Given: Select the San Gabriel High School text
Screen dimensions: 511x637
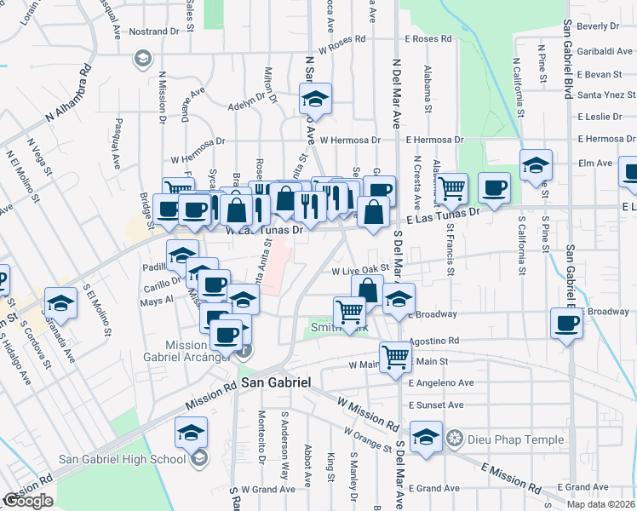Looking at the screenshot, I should [122, 460].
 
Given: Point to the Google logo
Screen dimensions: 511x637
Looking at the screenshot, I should [28, 501].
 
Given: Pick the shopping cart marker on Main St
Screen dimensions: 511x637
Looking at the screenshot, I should [396, 358].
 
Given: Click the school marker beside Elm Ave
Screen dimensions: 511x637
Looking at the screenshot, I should [536, 164].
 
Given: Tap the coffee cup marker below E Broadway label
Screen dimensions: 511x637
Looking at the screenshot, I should [566, 323].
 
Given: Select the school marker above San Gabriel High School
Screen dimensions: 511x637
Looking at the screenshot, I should [192, 432].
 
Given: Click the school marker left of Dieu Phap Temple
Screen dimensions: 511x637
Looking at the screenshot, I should [426, 436].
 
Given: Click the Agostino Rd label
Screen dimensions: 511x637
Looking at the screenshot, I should [433, 341].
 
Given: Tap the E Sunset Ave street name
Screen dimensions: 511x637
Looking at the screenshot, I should [435, 405].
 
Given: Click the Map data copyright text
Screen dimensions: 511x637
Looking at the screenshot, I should [600, 504].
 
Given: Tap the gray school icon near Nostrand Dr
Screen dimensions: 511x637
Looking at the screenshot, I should [141, 59].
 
